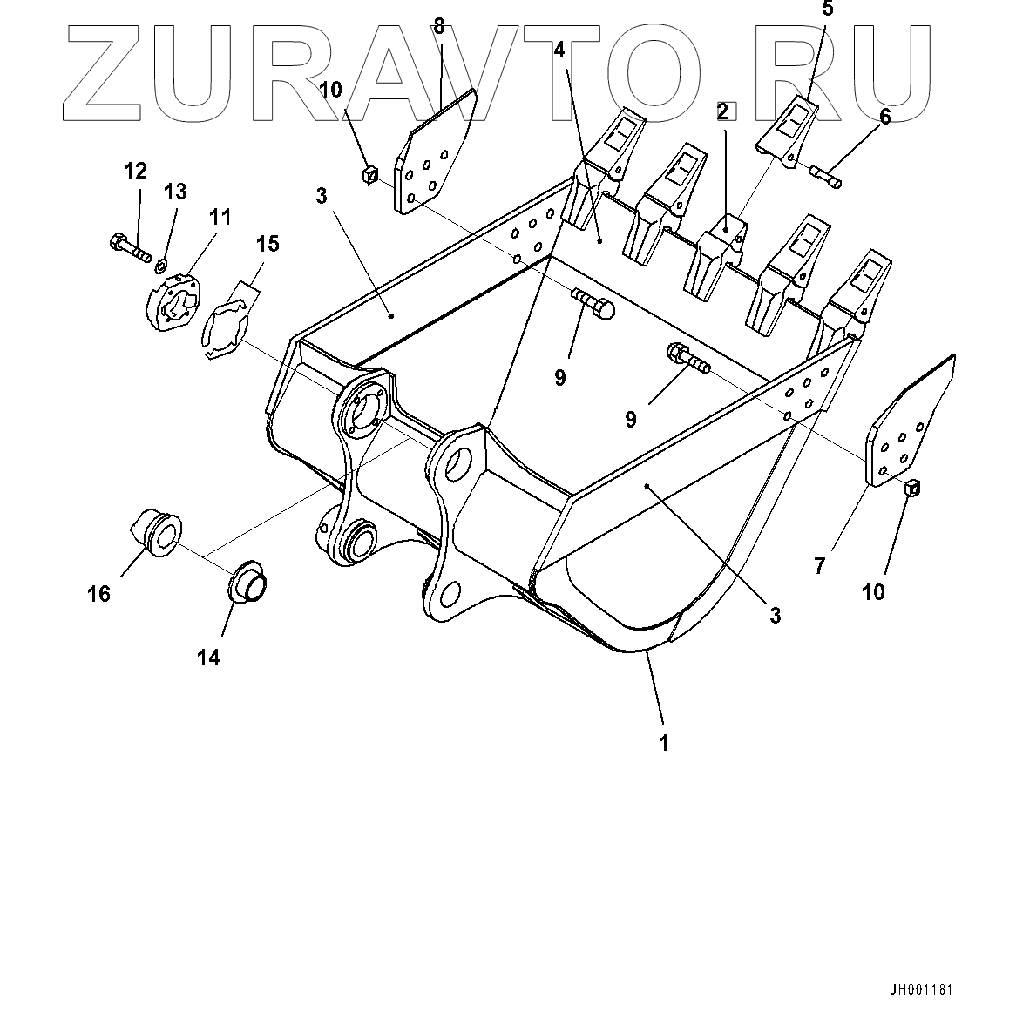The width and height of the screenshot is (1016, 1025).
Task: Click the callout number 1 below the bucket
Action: (x=664, y=743)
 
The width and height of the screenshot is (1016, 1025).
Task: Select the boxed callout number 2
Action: (x=723, y=111)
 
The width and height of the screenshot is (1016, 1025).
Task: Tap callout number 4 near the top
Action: (x=559, y=50)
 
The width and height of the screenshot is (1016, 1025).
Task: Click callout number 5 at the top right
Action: (x=827, y=10)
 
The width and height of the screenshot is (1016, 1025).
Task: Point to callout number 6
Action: (x=884, y=117)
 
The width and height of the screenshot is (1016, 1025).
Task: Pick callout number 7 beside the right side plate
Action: (x=819, y=566)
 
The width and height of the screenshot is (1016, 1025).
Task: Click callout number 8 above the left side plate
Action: (x=439, y=27)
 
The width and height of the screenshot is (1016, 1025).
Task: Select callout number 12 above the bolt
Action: (x=135, y=171)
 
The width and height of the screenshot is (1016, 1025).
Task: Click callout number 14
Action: (x=208, y=657)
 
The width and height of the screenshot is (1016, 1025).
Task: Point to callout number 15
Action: (x=268, y=244)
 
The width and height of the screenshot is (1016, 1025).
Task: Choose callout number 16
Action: (x=98, y=593)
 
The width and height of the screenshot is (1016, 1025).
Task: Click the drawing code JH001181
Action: (x=922, y=990)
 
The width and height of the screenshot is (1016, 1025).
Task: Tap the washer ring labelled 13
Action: (x=163, y=262)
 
